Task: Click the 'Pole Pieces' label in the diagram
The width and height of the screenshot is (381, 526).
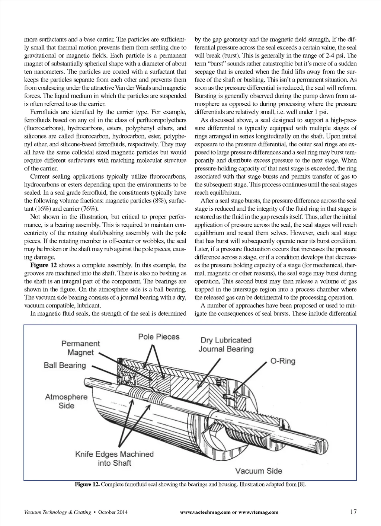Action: (159, 337)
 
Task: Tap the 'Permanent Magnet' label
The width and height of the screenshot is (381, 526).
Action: (80, 348)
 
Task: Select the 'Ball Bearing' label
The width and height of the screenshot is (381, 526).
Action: (65, 365)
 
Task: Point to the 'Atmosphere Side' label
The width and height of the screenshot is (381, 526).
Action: (66, 401)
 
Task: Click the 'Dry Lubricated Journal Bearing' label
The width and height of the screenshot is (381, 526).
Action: (226, 345)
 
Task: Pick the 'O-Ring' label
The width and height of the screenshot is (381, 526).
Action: (282, 361)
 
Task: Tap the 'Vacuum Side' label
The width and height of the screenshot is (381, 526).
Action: (259, 471)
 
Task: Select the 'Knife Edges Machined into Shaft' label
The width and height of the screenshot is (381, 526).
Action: (114, 459)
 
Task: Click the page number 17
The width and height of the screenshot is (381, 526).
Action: (353, 511)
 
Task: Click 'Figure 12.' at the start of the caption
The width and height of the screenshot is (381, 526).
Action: (87, 484)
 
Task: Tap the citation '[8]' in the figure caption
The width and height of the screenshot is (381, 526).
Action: (301, 484)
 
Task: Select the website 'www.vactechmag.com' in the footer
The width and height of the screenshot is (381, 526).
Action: (205, 512)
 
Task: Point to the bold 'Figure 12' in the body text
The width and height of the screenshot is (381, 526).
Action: (44, 265)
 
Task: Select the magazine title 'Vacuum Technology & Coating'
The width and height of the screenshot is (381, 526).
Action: (58, 512)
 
